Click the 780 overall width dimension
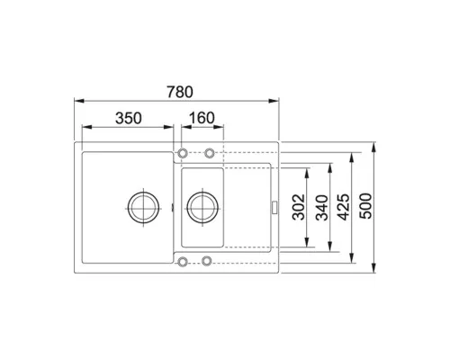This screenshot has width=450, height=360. (180, 92)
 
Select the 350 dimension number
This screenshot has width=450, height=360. (129, 118)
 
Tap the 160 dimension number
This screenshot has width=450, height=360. (202, 118)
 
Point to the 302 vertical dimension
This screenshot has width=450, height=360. (298, 207)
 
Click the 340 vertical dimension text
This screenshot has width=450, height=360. (322, 208)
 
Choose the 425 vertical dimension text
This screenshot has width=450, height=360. (344, 207)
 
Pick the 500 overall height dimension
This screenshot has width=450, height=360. (365, 206)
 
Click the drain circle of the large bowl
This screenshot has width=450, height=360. (143, 207)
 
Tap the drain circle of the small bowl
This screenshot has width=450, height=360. (202, 207)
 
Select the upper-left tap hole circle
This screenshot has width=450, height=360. (183, 153)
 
